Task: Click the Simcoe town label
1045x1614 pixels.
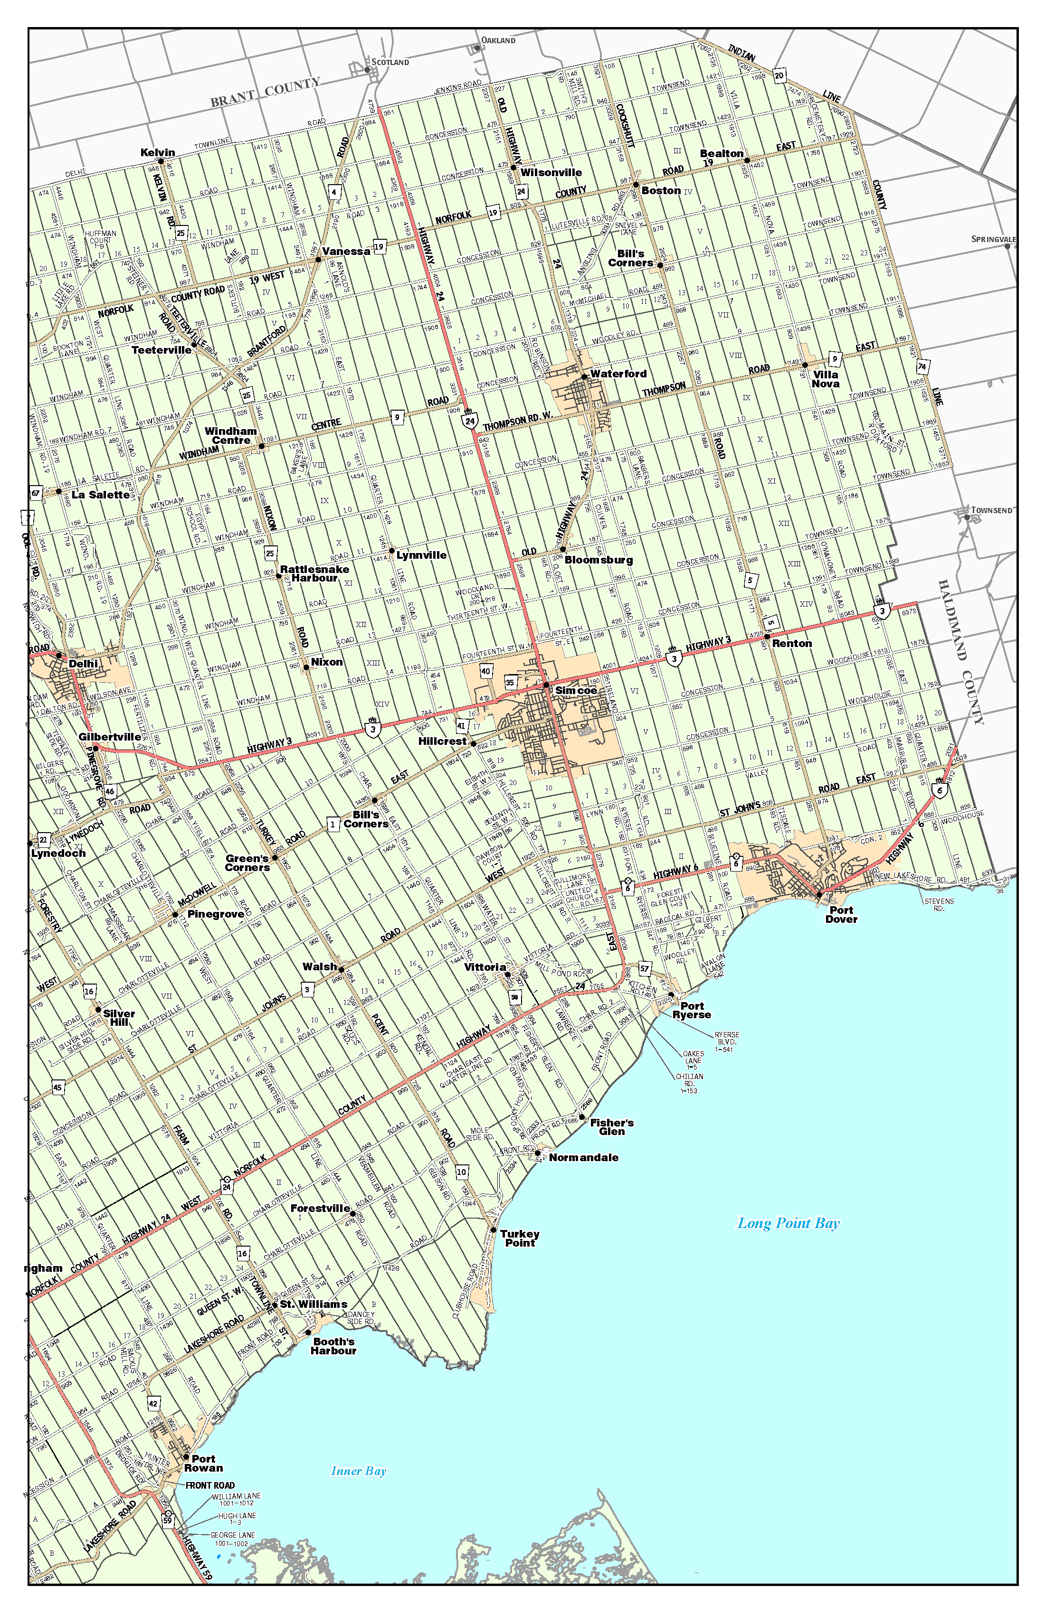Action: coord(576,690)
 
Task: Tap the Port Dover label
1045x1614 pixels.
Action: coord(841,915)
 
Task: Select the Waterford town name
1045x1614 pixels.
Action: coord(618,374)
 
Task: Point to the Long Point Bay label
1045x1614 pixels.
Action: coord(788,1223)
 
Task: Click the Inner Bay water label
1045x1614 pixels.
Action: coord(358,1471)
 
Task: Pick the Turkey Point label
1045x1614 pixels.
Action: coord(520,1239)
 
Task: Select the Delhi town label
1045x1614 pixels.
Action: coord(84,663)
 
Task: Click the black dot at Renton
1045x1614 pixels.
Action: coord(767,636)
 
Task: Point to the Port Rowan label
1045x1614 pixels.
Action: coord(203,1464)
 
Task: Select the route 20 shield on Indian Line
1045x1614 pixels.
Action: coord(779,76)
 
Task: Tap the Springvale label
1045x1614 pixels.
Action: coord(993,239)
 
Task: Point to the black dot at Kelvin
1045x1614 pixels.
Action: coord(161,161)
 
